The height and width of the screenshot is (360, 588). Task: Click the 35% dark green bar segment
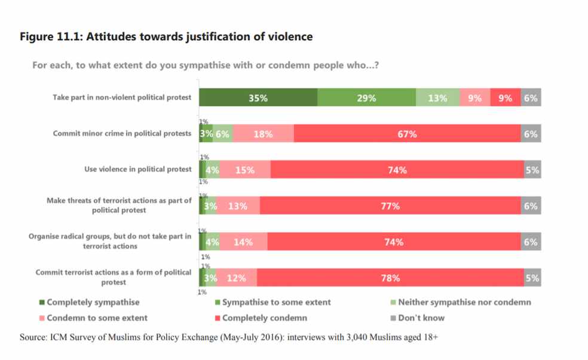click(x=258, y=98)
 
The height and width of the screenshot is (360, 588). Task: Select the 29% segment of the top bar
click(x=366, y=98)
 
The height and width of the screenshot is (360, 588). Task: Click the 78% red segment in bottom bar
click(x=391, y=278)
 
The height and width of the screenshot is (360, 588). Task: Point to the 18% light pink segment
click(x=264, y=134)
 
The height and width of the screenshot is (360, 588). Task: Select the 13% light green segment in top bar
click(x=437, y=98)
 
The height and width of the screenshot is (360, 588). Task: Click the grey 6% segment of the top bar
click(x=531, y=98)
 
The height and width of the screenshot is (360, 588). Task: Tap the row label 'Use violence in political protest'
click(x=138, y=169)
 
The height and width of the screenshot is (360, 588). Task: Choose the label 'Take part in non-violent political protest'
click(x=122, y=97)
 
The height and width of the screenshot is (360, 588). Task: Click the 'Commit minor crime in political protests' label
click(x=122, y=133)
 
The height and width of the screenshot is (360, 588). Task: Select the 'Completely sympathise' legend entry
click(x=93, y=303)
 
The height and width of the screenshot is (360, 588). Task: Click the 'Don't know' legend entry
click(x=421, y=318)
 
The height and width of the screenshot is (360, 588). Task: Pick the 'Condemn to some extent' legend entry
click(x=97, y=318)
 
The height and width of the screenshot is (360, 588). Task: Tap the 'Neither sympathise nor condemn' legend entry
click(x=464, y=303)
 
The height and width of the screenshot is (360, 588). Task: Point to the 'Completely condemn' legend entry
click(x=264, y=318)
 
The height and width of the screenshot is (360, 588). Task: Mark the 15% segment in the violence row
click(x=245, y=170)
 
